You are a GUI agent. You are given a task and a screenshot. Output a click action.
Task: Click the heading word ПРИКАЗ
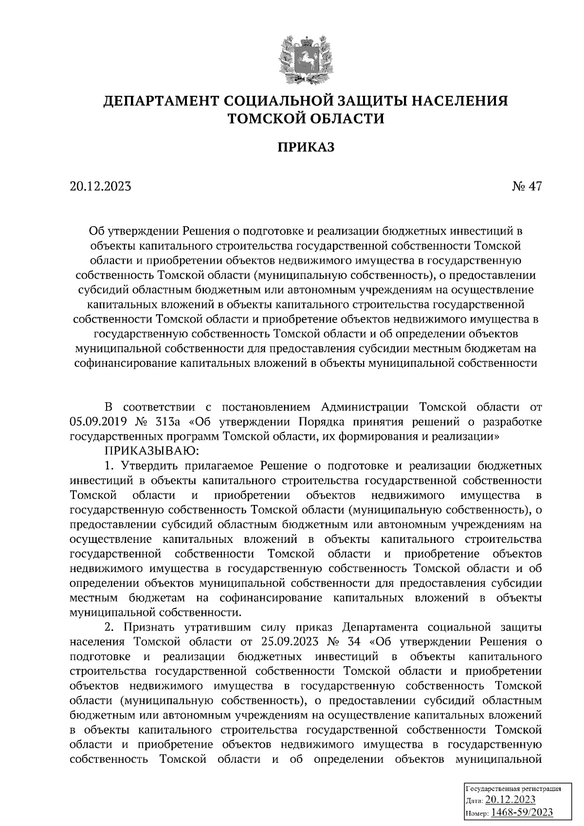[306, 147]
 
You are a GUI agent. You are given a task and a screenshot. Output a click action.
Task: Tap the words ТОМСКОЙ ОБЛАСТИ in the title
[306, 118]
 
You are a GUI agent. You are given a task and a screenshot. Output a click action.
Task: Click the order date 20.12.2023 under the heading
[101, 186]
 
